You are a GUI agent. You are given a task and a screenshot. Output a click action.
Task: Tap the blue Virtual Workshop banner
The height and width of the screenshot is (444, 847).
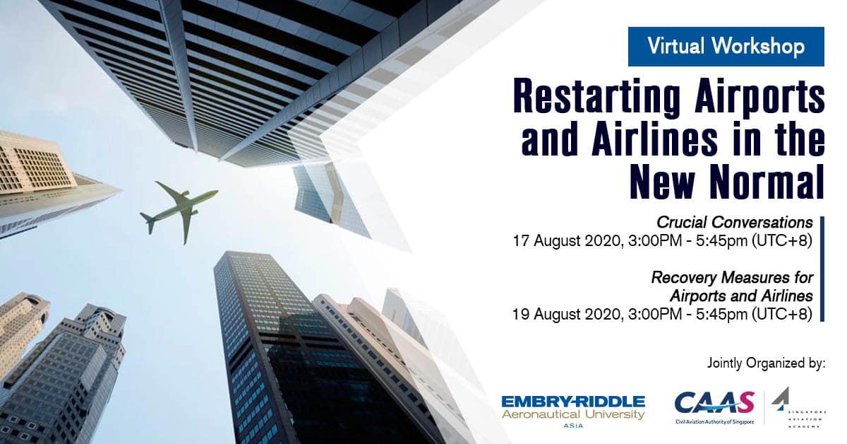click(726, 47)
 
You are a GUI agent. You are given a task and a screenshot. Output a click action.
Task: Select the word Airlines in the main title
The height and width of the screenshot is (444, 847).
click(654, 139)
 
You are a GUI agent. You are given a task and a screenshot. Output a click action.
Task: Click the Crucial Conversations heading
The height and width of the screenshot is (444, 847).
click(735, 223)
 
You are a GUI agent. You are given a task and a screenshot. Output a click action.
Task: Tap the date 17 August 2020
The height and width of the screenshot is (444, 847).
click(567, 241)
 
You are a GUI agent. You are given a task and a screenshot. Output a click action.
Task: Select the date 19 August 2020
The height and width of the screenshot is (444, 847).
click(567, 314)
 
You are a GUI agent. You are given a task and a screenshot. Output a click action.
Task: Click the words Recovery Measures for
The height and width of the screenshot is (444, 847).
click(732, 278)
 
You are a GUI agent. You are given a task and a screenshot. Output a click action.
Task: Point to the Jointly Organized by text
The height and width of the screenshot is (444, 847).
click(766, 363)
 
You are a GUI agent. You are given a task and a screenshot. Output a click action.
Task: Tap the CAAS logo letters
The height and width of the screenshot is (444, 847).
click(714, 403)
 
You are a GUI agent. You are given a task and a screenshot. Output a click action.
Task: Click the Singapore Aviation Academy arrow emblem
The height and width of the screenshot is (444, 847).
click(781, 399)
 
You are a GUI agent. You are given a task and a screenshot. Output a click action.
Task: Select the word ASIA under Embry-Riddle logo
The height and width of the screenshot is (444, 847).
click(573, 426)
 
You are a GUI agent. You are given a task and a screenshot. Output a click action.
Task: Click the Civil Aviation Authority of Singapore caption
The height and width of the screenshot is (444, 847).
click(714, 422)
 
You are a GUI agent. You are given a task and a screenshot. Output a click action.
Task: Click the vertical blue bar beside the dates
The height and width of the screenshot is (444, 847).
click(822, 269)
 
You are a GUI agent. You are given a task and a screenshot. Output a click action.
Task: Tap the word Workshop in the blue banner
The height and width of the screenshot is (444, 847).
click(759, 47)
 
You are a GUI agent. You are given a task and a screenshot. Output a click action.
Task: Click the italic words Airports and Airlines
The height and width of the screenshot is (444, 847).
click(741, 296)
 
